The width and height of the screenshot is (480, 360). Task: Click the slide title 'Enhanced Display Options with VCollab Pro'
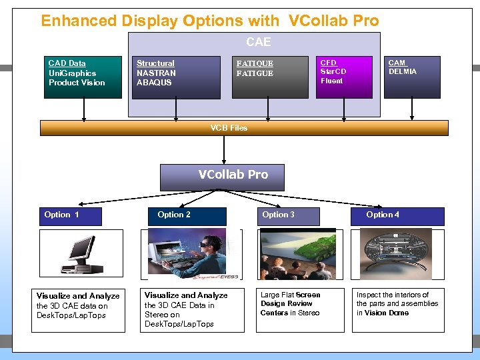click(210, 21)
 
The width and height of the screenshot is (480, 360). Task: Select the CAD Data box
click(83, 77)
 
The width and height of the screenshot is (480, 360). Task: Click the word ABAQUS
click(154, 83)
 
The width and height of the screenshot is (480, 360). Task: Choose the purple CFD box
click(344, 77)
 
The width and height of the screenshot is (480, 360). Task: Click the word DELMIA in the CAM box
click(403, 71)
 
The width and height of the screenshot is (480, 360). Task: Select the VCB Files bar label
click(229, 128)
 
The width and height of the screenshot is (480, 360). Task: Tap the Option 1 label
click(62, 215)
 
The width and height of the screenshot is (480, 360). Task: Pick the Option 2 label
click(174, 215)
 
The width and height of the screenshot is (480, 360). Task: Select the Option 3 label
click(279, 215)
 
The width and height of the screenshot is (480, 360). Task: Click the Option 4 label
click(383, 215)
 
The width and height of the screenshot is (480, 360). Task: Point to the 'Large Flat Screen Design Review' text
click(290, 299)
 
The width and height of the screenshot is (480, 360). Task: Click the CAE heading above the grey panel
click(258, 42)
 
